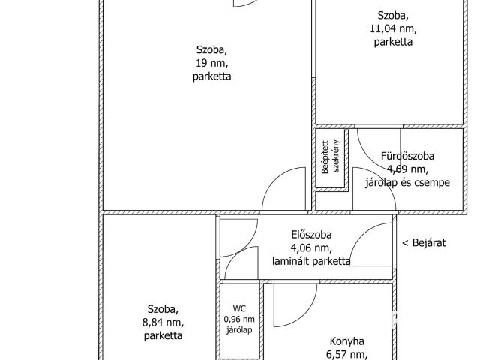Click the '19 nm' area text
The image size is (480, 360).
coord(211,63)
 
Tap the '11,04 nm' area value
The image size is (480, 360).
coord(393,28)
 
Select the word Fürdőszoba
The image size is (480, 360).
coord(407,156)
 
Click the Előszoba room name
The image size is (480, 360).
coord(311,235)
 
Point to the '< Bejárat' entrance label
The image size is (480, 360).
coord(424,242)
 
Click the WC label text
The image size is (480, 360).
coord(239,308)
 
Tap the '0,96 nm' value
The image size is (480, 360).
coord(239,319)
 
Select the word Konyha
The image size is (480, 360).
coord(346,341)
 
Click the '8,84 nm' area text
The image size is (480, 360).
coord(163,322)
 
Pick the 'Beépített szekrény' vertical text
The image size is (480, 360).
coord(330,157)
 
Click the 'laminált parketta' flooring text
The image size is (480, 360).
coord(311,261)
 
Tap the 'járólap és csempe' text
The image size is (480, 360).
coord(407,182)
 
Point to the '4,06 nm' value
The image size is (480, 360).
coord(311,247)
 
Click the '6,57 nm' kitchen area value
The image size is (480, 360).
coord(346,355)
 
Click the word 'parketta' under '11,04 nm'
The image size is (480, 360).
coord(393,42)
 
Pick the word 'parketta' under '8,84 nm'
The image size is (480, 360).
coord(163,335)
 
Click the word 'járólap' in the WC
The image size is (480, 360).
coord(239,330)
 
